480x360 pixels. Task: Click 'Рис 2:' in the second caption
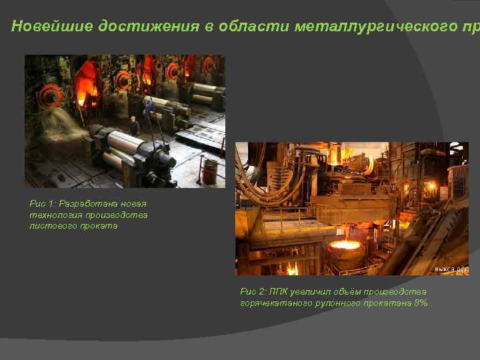pos(255,291)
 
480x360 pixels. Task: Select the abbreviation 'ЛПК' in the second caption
pos(281,291)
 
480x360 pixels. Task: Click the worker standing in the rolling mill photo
pos(134,126)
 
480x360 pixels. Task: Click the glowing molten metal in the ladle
pos(345,246)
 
